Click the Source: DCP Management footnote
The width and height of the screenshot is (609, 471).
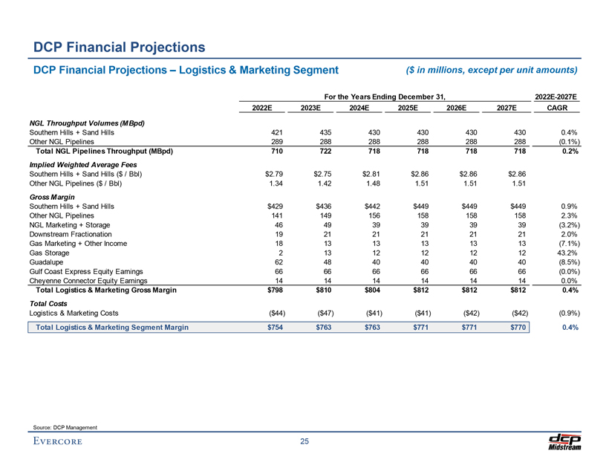click(65, 426)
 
